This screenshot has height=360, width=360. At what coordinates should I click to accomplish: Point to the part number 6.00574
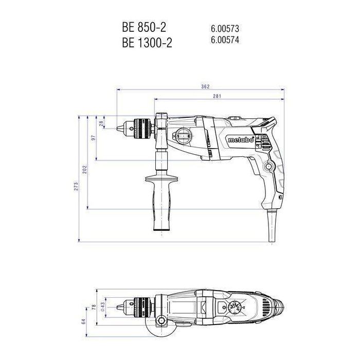click(225, 40)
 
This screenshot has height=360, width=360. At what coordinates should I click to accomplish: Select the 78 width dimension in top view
click(93, 307)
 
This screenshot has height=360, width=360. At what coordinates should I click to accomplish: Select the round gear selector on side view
click(184, 137)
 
